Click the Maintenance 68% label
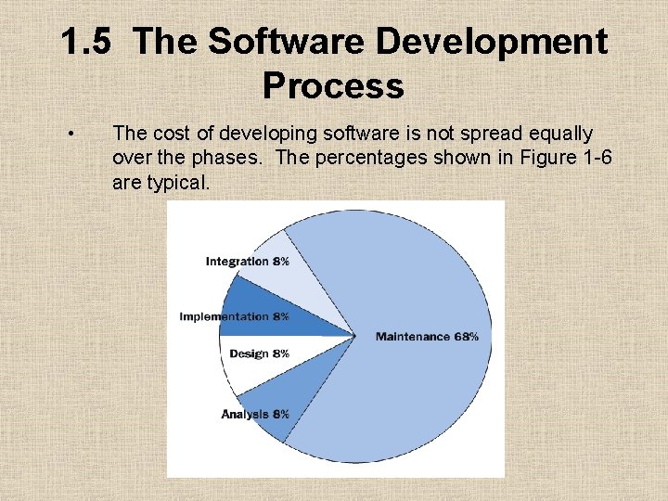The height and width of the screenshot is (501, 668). click(427, 336)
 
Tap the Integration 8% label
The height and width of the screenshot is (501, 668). click(247, 262)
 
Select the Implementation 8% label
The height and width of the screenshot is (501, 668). click(234, 316)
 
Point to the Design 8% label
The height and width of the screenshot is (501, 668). click(260, 353)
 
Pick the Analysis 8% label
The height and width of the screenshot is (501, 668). click(255, 414)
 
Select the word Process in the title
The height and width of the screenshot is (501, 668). click(333, 86)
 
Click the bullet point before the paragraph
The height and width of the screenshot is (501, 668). click(72, 135)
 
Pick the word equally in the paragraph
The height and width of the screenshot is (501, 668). click(560, 133)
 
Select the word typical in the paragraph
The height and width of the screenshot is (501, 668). click(178, 183)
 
